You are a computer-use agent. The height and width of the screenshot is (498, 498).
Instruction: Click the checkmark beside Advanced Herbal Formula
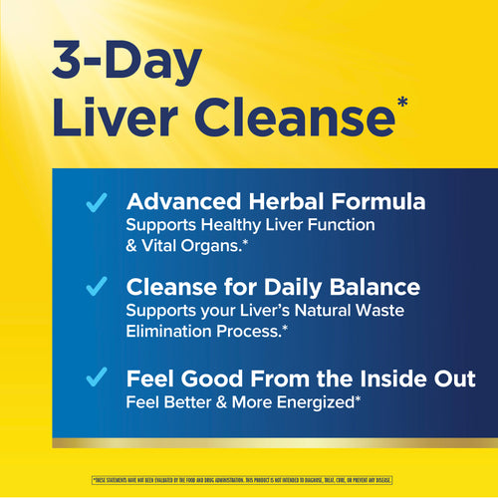(97, 203)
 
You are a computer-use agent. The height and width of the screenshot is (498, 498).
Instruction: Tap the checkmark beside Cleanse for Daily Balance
(97, 288)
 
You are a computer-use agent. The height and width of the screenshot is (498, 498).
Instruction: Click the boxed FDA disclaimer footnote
(249, 479)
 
